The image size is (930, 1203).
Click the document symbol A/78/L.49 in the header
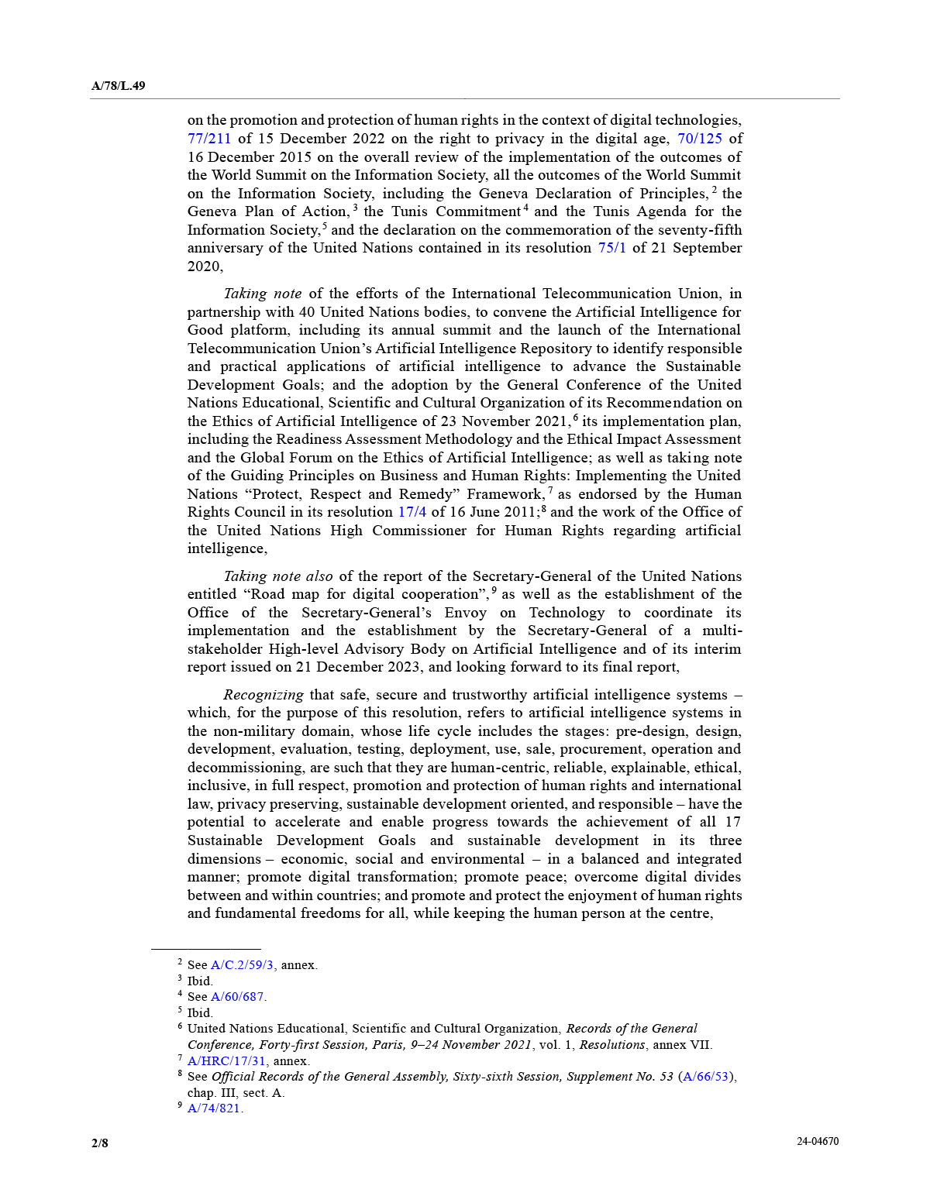(x=118, y=86)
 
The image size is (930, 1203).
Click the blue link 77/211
(x=209, y=139)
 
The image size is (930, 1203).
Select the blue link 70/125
(x=699, y=139)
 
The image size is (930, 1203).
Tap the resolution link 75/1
(x=611, y=248)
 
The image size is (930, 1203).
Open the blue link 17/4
(x=412, y=512)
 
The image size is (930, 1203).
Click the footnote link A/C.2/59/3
(x=242, y=965)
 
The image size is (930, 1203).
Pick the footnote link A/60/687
(x=237, y=997)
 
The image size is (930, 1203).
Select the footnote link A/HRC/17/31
(x=226, y=1061)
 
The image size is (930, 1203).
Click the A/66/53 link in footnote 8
(x=707, y=1077)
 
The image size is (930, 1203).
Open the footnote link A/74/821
(x=214, y=1108)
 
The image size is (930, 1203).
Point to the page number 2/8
(x=100, y=1143)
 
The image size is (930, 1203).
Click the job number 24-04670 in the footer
(x=818, y=1142)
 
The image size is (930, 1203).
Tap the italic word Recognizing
(x=263, y=695)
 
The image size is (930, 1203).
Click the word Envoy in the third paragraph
(x=465, y=613)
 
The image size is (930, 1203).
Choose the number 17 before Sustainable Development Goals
(x=732, y=822)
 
